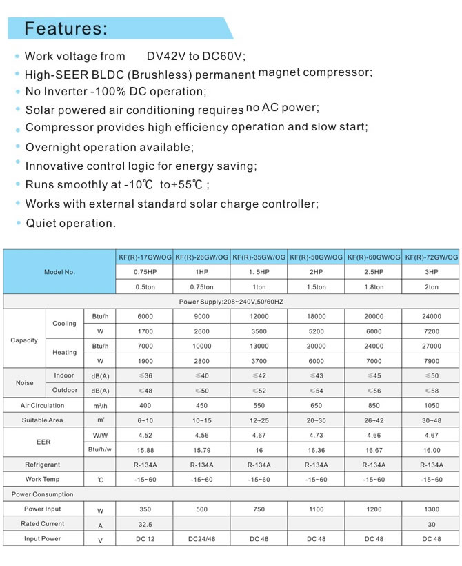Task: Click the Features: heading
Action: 66,28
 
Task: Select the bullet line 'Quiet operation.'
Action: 70,223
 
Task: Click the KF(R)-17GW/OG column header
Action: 145,257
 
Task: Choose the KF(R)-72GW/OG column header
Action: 432,257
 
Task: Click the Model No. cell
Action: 59,272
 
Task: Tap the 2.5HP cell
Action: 374,272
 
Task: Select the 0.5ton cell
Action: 145,286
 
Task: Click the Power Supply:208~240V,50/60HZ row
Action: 231,302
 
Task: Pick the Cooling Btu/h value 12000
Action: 259,316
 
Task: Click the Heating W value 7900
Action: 432,361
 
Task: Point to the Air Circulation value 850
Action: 374,406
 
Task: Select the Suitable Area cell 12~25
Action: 259,420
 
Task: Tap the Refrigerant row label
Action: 43,465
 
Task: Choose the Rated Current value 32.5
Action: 145,525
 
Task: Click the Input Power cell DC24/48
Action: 202,539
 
